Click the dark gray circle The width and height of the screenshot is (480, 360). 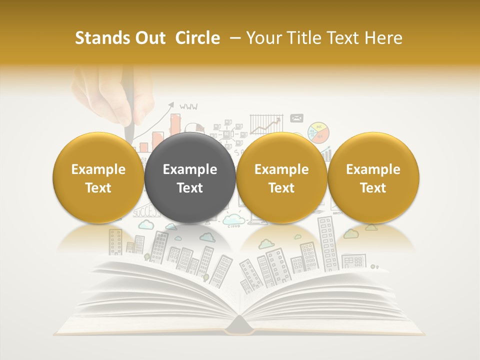[x=190, y=178]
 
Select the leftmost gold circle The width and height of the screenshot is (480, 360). [x=98, y=178]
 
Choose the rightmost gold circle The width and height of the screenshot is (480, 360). [x=373, y=178]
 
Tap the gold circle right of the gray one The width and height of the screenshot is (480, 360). [x=281, y=178]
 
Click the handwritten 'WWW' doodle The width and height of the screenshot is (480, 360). [x=188, y=106]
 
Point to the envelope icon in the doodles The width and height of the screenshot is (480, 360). [x=297, y=118]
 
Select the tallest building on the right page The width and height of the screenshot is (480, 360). [x=328, y=242]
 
